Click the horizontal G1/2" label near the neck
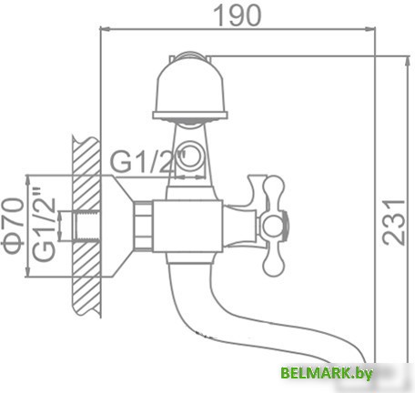[147, 162]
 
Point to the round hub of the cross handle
[274, 223]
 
